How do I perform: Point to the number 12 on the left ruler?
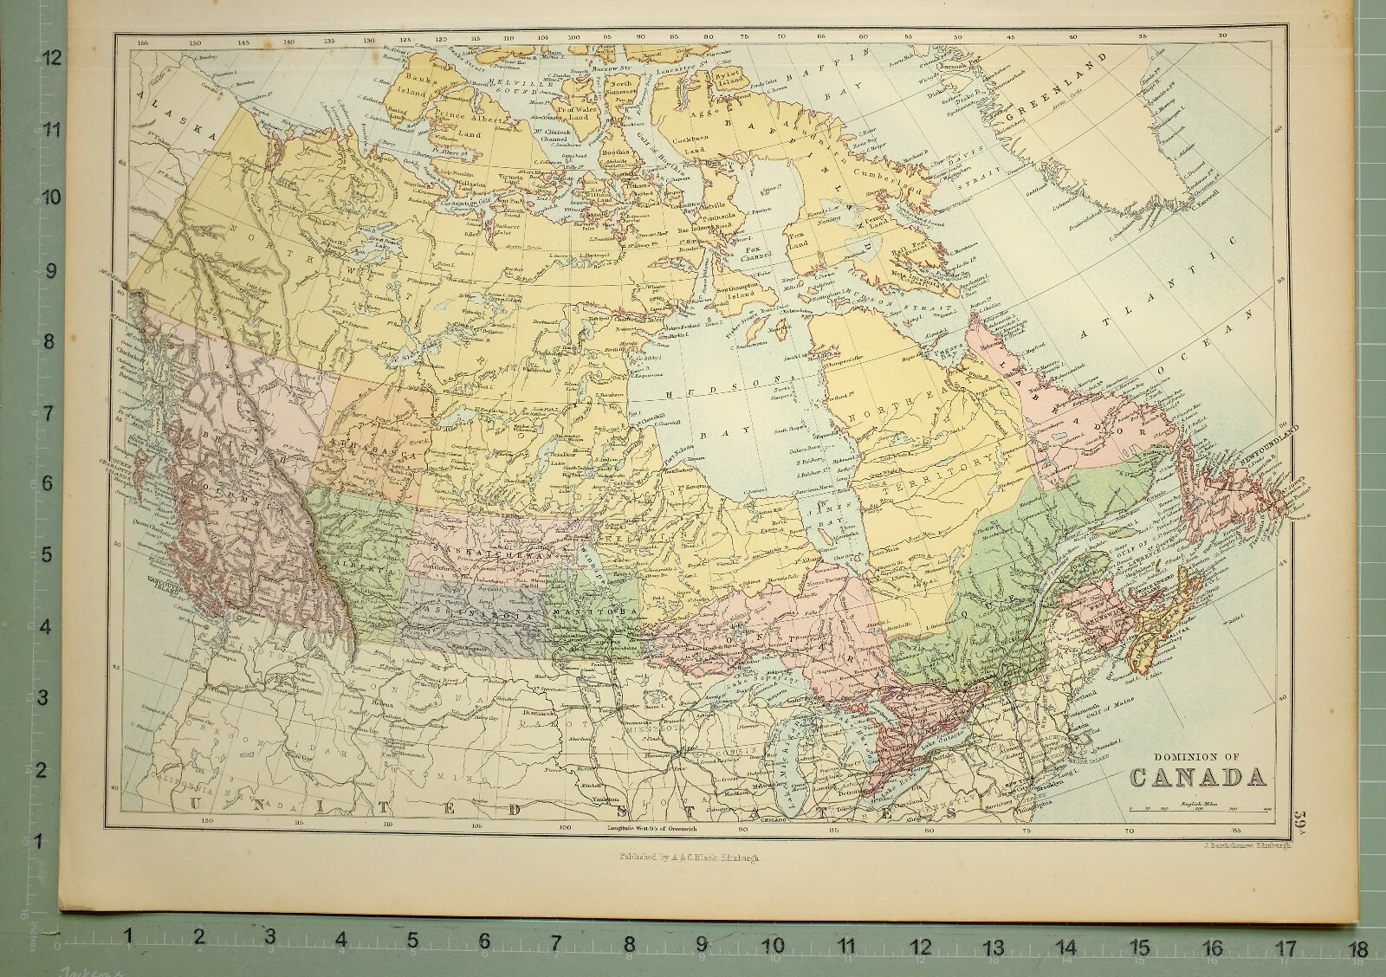pos(53,58)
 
